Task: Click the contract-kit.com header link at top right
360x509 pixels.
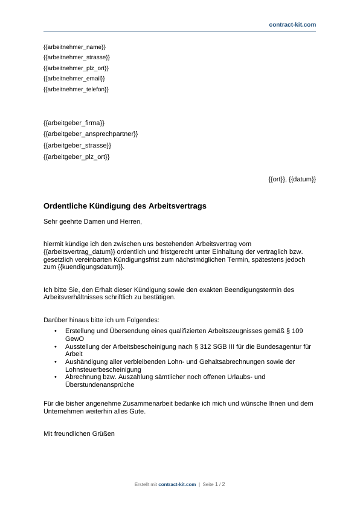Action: (x=292, y=24)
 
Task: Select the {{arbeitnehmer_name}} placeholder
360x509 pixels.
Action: (x=75, y=47)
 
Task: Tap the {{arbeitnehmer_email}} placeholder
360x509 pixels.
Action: (x=74, y=78)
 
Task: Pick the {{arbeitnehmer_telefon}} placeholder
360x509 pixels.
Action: (x=76, y=89)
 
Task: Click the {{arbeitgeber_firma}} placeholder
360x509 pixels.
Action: (x=74, y=122)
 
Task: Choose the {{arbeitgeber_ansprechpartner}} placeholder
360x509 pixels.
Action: (x=91, y=134)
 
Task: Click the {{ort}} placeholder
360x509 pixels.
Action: (x=277, y=179)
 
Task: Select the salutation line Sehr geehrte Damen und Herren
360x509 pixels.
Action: (x=92, y=221)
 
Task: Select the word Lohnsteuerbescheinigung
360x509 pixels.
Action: (x=103, y=369)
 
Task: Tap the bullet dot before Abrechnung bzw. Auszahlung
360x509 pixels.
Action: (x=56, y=377)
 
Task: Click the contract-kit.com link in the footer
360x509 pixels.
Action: (x=177, y=484)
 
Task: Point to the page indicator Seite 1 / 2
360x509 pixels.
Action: (x=214, y=484)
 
